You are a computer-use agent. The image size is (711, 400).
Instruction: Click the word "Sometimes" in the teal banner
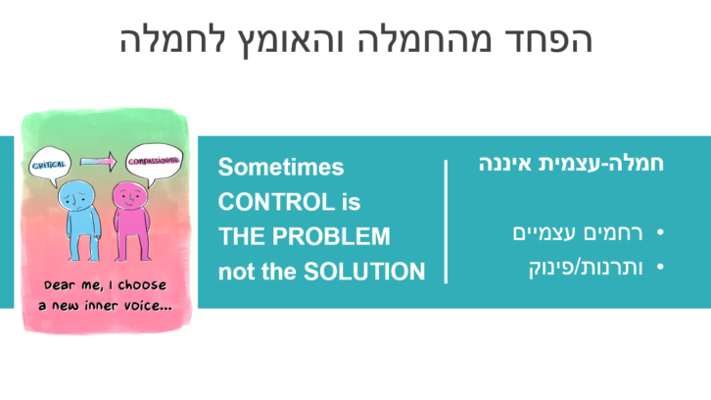[x=281, y=168]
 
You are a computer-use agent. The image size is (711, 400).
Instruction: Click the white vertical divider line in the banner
[x=447, y=222]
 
